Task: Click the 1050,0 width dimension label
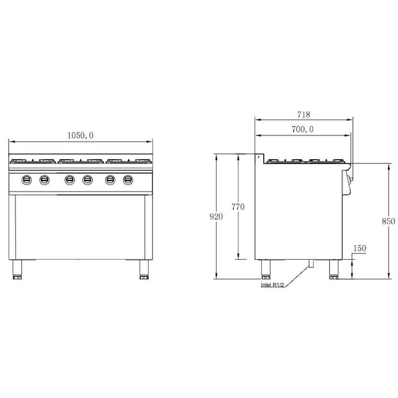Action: [x=81, y=135]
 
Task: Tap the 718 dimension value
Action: [x=303, y=115]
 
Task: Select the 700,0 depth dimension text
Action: [x=302, y=129]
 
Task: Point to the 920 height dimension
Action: [x=216, y=216]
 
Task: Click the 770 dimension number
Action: [x=238, y=207]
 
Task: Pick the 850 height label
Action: [x=389, y=221]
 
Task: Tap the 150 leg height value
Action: [x=360, y=248]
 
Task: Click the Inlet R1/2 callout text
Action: [x=272, y=285]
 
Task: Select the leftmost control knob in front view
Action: [x=27, y=180]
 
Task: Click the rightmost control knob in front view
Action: [x=128, y=180]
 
